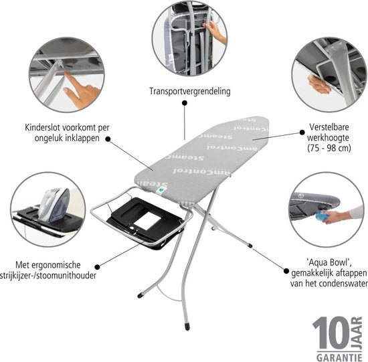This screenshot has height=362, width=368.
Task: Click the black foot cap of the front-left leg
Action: (141, 294)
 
